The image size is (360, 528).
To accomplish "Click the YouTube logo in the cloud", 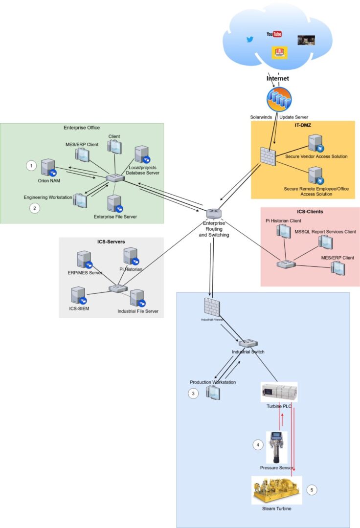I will (274, 34).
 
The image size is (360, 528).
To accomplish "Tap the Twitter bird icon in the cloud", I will (250, 40).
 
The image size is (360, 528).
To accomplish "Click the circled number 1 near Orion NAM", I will (31, 166).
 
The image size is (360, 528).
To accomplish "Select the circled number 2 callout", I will (34, 208).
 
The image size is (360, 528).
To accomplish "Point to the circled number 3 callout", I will (194, 393).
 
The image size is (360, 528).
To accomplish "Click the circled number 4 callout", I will (258, 444).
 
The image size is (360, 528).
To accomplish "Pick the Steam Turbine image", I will (276, 490).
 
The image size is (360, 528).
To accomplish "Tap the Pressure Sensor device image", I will (276, 447).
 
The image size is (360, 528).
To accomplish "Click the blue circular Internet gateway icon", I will (279, 100).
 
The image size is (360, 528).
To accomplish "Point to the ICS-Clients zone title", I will (310, 212).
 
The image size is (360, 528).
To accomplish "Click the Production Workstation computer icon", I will (212, 392).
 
